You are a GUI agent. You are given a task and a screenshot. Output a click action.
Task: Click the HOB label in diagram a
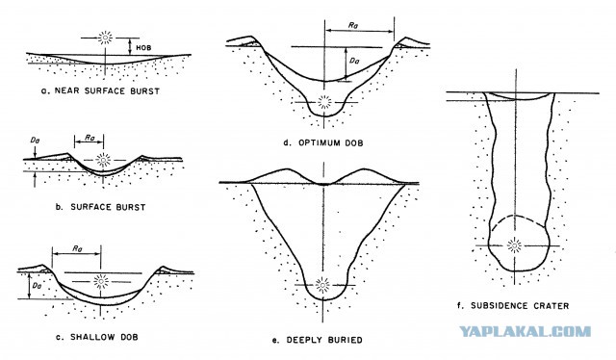pyautogui.click(x=143, y=47)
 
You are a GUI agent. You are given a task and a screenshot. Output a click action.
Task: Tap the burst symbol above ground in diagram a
pyautogui.click(x=105, y=38)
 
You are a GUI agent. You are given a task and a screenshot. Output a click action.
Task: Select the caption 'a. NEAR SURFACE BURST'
pyautogui.click(x=100, y=90)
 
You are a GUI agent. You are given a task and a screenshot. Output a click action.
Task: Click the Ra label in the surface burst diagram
pyautogui.click(x=90, y=138)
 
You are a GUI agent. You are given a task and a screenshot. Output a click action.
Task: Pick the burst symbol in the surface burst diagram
pyautogui.click(x=103, y=160)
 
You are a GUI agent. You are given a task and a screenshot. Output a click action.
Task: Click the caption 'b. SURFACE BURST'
pyautogui.click(x=100, y=207)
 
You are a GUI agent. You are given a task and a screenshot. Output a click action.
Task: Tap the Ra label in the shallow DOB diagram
pyautogui.click(x=77, y=248)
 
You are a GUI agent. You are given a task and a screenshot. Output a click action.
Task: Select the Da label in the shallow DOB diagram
pyautogui.click(x=37, y=286)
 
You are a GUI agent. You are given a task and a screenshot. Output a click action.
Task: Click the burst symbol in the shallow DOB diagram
pyautogui.click(x=101, y=281)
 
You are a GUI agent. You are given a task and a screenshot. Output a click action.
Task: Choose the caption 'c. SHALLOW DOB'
pyautogui.click(x=96, y=337)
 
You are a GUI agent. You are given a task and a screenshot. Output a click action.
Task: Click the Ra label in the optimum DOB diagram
pyautogui.click(x=353, y=25)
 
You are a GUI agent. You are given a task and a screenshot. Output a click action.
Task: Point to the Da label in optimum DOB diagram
pyautogui.click(x=354, y=61)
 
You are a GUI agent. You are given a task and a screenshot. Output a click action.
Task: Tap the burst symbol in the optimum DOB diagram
pyautogui.click(x=324, y=102)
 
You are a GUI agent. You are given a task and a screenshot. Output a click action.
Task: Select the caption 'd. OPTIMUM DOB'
pyautogui.click(x=323, y=142)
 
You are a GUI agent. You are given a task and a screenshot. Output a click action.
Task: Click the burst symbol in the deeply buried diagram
pyautogui.click(x=323, y=285)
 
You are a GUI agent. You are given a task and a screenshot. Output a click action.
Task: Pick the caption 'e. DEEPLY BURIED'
pyautogui.click(x=317, y=340)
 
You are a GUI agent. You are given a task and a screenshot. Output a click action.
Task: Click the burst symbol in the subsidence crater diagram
pyautogui.click(x=514, y=245)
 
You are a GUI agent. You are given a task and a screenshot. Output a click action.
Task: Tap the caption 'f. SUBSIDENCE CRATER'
pyautogui.click(x=513, y=305)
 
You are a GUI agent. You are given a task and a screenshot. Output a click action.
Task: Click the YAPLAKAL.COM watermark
pyautogui.click(x=525, y=331)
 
